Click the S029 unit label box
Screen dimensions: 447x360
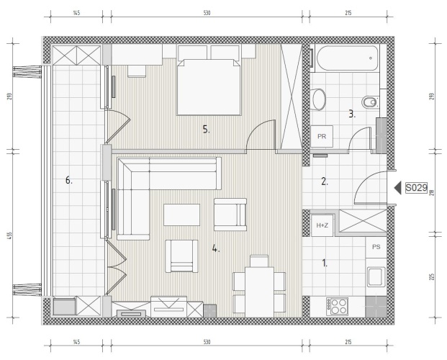(416, 188)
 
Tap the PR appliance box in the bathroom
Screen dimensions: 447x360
(322, 136)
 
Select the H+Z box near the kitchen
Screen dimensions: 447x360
(322, 225)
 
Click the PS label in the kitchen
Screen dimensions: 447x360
(376, 247)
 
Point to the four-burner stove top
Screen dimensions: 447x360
(338, 307)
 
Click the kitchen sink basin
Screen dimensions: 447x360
(376, 276)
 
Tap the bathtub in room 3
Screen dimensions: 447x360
(347, 58)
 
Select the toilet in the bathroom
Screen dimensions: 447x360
(370, 102)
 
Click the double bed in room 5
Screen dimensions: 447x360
(209, 86)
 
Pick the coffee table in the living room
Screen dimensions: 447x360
(181, 215)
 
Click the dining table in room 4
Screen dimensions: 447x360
(259, 292)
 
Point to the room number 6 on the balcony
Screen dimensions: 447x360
(68, 180)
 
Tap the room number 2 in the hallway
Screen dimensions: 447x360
(325, 181)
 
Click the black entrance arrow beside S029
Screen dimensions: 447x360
(397, 188)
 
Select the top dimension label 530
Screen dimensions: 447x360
(207, 13)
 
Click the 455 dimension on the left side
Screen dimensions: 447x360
(9, 235)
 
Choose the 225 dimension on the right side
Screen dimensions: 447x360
(432, 276)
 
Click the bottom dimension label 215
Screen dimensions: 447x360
(348, 342)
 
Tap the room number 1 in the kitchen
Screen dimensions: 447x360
(325, 263)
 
